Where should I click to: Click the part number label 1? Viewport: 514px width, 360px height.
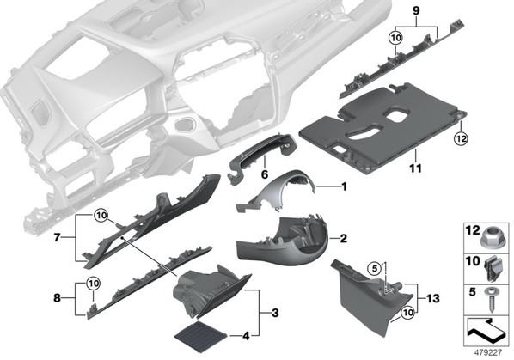coord(344,187)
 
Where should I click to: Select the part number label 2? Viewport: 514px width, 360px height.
coord(343,239)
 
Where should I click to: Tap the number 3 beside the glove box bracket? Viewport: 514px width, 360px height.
coord(275,313)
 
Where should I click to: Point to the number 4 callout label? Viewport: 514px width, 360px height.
coord(246,336)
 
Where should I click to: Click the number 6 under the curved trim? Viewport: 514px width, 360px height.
coord(265,174)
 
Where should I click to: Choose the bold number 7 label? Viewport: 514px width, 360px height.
coord(57,237)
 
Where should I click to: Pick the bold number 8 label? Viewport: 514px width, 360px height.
coord(57,298)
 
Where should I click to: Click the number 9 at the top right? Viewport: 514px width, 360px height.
coord(416,11)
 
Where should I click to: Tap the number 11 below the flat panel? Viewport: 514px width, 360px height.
coord(415,168)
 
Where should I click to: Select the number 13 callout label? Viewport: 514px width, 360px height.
coord(433,298)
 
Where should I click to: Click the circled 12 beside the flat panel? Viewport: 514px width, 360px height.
coord(461,139)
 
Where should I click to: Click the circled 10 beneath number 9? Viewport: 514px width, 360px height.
coord(396,38)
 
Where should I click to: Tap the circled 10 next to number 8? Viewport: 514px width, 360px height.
coord(94,283)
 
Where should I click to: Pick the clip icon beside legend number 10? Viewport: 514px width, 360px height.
coord(492,269)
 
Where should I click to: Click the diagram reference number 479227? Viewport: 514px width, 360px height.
coord(488,352)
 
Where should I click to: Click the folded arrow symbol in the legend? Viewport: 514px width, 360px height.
coord(485,330)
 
